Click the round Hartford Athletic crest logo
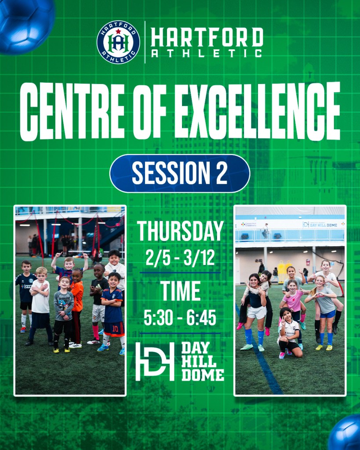(x=118, y=42)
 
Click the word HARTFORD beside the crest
(x=207, y=37)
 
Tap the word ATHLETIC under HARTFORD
(x=207, y=53)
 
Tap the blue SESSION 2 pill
(x=180, y=173)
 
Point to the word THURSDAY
(x=180, y=231)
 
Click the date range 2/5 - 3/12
(x=180, y=258)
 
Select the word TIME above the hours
(x=180, y=291)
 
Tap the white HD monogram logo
(x=155, y=361)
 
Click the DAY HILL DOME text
(x=203, y=362)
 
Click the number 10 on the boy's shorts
(x=115, y=329)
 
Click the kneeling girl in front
(x=289, y=333)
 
